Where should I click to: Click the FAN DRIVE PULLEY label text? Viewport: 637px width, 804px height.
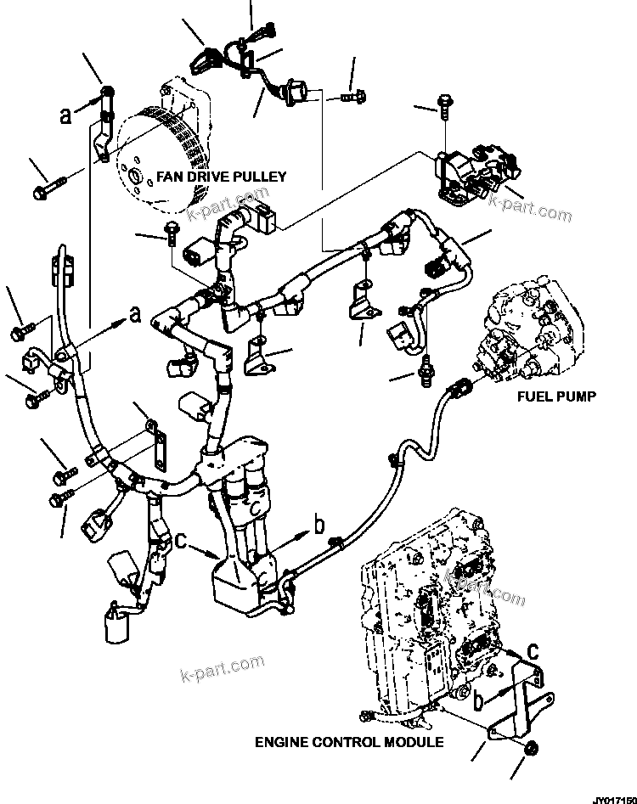222,177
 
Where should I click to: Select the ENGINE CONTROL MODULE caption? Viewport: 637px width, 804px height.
349,742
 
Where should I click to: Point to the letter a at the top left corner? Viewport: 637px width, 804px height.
66,115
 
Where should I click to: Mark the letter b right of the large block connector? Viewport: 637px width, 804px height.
319,526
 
